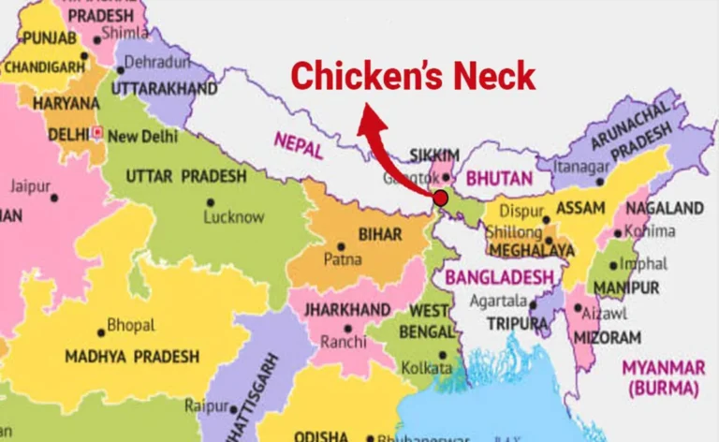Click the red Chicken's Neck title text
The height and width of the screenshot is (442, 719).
tap(412, 75)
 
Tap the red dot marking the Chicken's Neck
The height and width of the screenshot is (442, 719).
tap(440, 198)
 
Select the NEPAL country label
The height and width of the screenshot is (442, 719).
tap(299, 143)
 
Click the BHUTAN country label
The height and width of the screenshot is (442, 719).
tap(500, 177)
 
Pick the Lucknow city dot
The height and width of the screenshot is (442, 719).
tap(210, 201)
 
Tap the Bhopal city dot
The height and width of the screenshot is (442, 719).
tap(101, 332)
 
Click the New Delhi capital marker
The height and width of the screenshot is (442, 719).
tap(97, 133)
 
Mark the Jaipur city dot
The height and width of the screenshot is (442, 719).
tap(54, 199)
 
